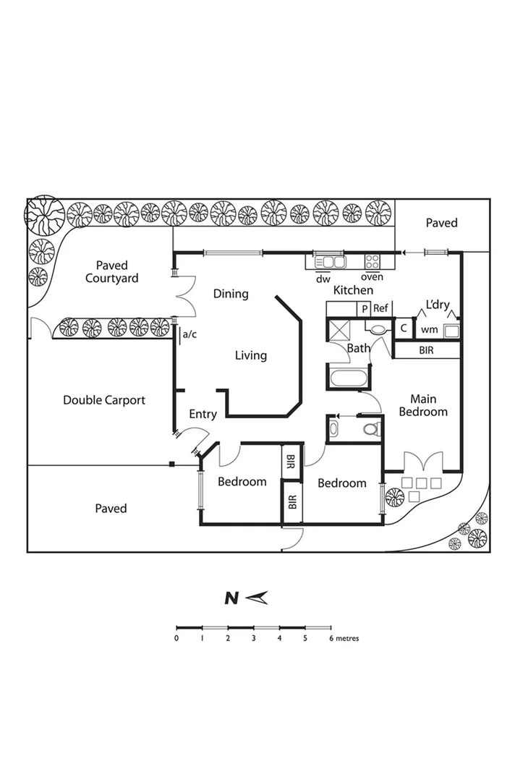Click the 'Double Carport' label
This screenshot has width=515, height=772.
click(104, 400)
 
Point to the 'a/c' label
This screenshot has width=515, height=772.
click(190, 334)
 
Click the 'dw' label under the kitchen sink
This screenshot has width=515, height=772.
click(323, 278)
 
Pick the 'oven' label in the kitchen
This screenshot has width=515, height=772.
click(372, 278)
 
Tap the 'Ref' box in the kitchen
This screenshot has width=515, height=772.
click(381, 308)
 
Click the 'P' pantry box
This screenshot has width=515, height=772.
click(365, 308)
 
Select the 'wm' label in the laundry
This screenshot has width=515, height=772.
click(429, 330)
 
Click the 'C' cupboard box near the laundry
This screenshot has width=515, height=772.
click(404, 328)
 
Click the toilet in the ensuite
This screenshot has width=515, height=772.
click(372, 428)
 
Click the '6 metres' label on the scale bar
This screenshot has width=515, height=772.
click(344, 639)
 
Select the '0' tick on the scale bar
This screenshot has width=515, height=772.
click(176, 638)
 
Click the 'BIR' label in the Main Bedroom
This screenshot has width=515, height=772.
click(427, 350)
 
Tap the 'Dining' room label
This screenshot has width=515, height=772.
click(231, 294)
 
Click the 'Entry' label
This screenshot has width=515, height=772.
click(203, 415)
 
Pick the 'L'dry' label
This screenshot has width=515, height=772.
click(438, 305)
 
